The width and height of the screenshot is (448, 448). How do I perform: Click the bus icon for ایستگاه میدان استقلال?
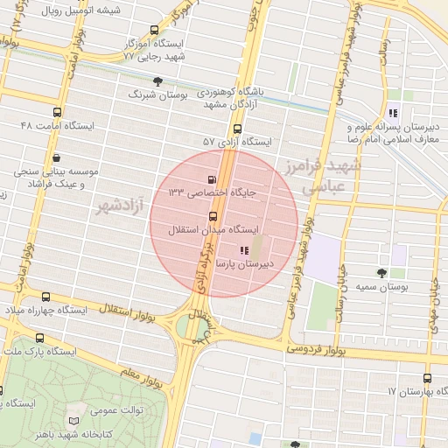pos(213,216)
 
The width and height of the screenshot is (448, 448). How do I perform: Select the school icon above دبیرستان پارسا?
pos(242,250)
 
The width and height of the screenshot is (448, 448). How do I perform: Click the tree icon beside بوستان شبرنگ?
pos(158,81)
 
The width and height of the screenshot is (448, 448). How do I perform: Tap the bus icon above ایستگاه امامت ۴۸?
pos(58,113)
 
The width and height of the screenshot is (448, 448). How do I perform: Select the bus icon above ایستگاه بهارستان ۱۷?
pos(427,378)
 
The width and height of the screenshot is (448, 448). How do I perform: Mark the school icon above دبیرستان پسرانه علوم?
pos(394,113)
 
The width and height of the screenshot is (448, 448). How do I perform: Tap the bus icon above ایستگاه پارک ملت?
pos(39,338)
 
